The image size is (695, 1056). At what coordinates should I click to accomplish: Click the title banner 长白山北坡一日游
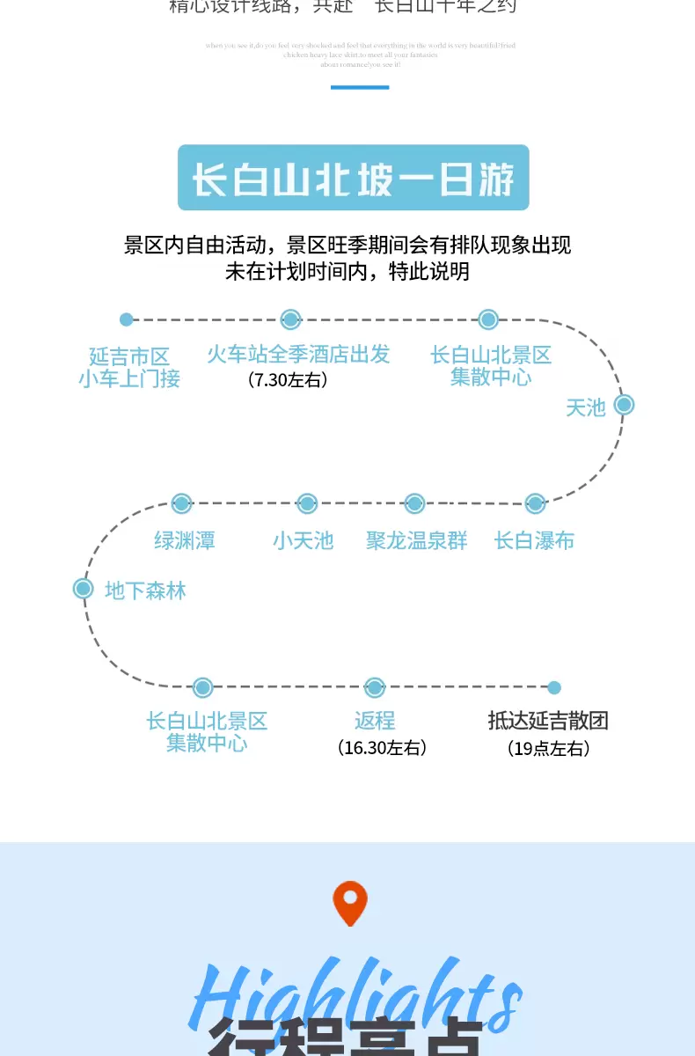point(353,178)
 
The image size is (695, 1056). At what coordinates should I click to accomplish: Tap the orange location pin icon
point(349,903)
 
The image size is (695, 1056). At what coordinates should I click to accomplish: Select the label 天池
point(586,407)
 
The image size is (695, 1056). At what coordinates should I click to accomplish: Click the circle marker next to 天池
point(624,405)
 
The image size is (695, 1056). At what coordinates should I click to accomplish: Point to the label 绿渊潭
point(185,540)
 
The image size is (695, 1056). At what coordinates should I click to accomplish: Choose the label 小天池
point(304,540)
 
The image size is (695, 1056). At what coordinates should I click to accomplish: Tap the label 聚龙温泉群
point(417,540)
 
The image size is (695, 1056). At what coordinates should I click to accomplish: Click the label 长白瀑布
point(534,540)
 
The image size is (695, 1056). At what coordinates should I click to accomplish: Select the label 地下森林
point(145,590)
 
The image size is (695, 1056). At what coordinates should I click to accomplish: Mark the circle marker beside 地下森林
point(83,588)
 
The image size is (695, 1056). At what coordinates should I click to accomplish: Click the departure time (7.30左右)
point(288,380)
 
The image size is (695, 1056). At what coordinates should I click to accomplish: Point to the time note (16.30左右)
point(382,748)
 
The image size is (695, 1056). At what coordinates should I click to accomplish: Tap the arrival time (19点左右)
point(548,749)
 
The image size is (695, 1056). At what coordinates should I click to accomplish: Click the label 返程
point(375,721)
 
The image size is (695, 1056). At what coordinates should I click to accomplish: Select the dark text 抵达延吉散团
point(548,721)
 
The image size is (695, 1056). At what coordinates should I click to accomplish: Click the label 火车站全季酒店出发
point(298,355)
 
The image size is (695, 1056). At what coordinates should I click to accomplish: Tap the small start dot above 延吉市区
point(127,319)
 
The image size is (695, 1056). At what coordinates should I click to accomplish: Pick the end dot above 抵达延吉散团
point(553,687)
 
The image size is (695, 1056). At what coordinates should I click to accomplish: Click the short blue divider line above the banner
point(360,87)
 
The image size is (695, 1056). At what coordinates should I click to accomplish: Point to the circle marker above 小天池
point(307,503)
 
